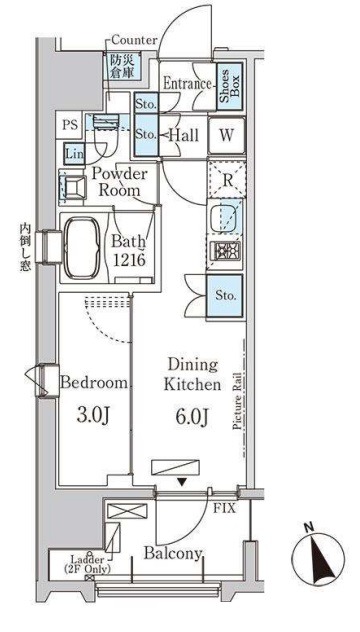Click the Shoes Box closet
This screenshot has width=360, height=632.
point(230,86)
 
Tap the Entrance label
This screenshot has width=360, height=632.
point(187,84)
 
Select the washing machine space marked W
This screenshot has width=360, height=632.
point(227,136)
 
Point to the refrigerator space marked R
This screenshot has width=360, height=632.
point(227,180)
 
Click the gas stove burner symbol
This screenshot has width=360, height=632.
point(226,252)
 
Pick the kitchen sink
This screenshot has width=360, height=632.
point(225,218)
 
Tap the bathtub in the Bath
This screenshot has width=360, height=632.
point(83,247)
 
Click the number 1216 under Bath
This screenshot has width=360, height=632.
point(128,260)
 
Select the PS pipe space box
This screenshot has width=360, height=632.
point(69,125)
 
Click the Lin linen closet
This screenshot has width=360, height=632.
point(73,154)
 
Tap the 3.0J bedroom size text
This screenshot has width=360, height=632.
point(94,416)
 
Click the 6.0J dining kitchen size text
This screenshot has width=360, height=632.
point(192,416)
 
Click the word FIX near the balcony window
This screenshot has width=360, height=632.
point(224,508)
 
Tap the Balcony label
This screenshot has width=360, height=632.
point(173,554)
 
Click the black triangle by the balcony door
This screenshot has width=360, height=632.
point(183,482)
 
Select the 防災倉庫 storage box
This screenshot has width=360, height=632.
point(124,66)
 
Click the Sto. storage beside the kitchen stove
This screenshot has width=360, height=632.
point(225,296)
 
